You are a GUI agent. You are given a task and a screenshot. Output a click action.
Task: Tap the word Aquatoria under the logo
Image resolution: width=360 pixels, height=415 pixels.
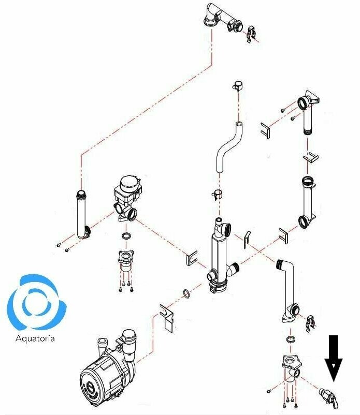[35, 339]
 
